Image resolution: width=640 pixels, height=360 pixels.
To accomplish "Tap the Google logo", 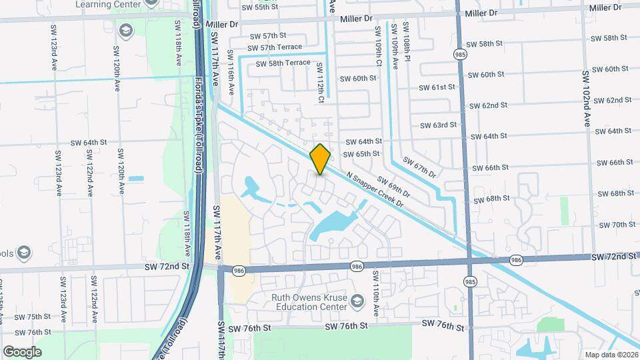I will (22, 351).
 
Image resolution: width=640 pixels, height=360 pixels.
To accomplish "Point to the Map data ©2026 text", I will (611, 355).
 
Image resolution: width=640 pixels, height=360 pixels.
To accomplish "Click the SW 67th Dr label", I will (419, 168).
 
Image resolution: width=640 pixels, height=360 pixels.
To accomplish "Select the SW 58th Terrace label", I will (279, 63).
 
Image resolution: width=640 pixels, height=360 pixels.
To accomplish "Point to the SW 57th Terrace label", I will (275, 47).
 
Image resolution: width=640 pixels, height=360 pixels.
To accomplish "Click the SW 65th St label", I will (361, 154).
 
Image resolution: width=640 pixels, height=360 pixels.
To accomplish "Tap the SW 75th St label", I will (33, 317).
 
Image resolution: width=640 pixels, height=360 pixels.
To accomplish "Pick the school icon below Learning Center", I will (125, 30).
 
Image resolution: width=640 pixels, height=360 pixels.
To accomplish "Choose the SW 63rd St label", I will (438, 125).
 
